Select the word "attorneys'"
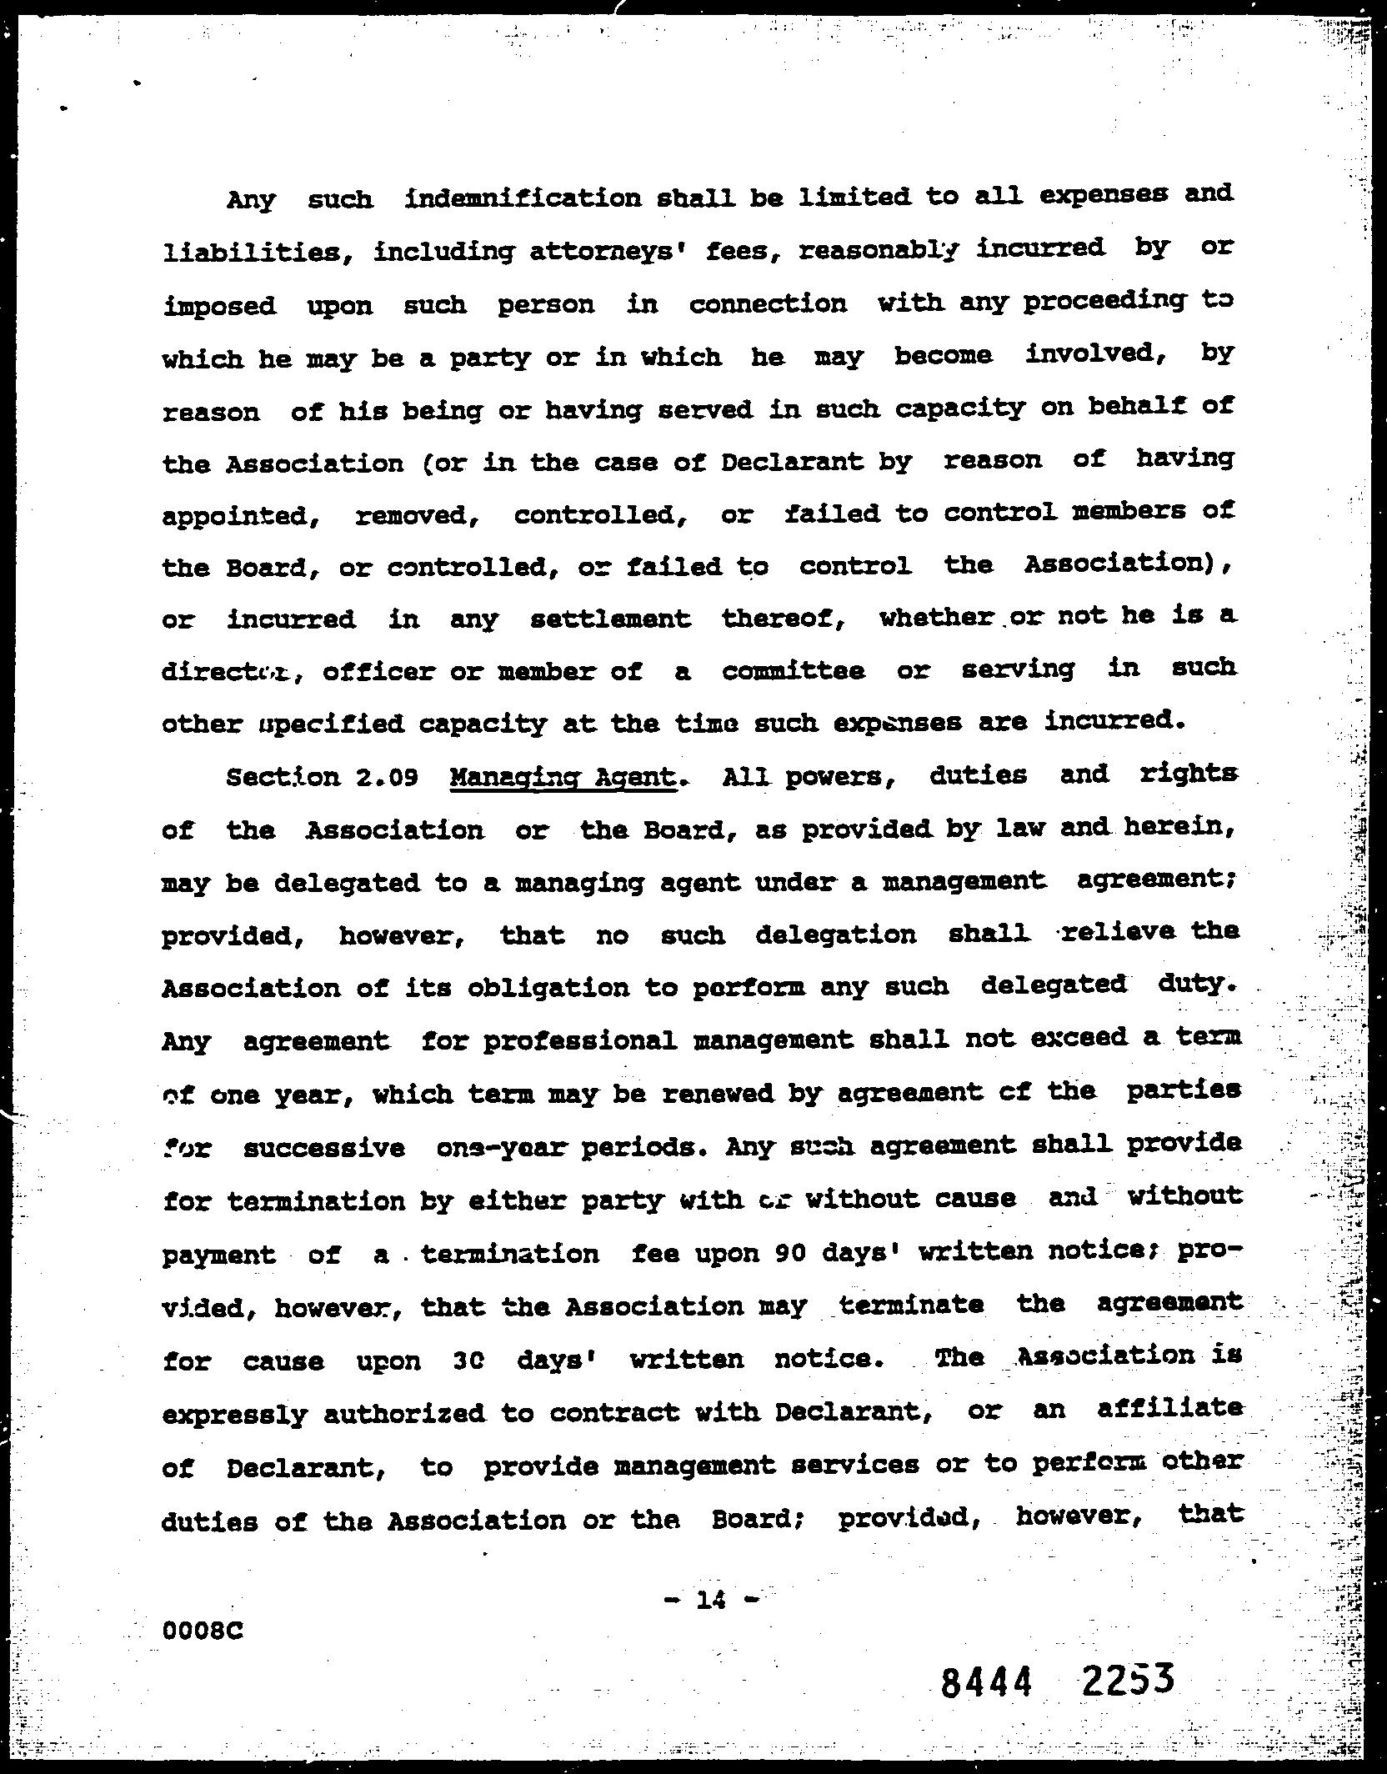pyautogui.click(x=609, y=251)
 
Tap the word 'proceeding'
pyautogui.click(x=1104, y=301)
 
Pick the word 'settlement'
pyautogui.click(x=610, y=619)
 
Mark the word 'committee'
pyautogui.click(x=793, y=671)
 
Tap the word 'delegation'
pyautogui.click(x=835, y=935)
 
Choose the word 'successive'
pyautogui.click(x=324, y=1149)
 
